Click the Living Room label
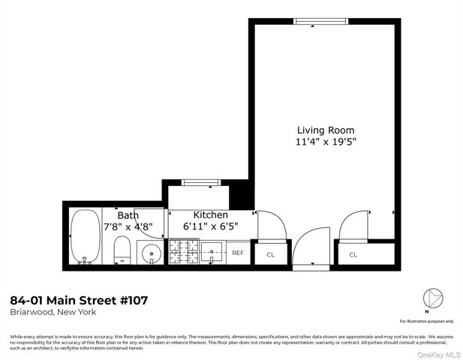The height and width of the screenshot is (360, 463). [x=325, y=130]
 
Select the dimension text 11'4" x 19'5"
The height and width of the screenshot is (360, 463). [x=325, y=141]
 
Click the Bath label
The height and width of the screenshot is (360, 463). [x=127, y=214]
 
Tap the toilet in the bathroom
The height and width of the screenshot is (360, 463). [x=122, y=251]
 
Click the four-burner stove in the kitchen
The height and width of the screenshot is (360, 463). [x=183, y=252]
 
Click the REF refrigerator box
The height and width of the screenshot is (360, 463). [x=238, y=253]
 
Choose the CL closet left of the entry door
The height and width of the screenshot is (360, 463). [x=271, y=254]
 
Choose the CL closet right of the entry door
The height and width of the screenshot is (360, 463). [x=353, y=254]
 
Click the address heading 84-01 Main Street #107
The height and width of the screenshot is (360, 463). [x=79, y=300]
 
